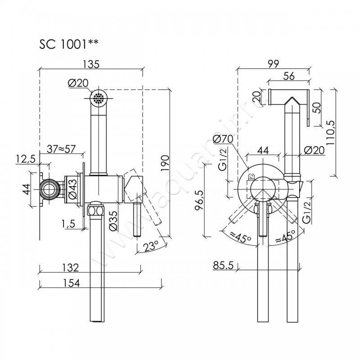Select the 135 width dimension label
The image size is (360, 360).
(x=91, y=64)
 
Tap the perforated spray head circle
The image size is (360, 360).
(x=99, y=99)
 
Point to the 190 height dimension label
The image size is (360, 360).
(x=165, y=163)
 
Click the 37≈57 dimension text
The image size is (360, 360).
(x=61, y=149)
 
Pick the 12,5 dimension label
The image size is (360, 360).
(x=26, y=159)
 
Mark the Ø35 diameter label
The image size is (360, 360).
(x=114, y=220)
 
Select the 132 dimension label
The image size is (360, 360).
(x=71, y=267)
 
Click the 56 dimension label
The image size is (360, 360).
(x=289, y=76)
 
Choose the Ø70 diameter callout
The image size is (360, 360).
(x=223, y=139)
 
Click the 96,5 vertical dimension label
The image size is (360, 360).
(x=199, y=200)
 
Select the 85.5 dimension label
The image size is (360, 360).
(x=223, y=265)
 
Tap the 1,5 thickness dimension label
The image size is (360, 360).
(x=68, y=224)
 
